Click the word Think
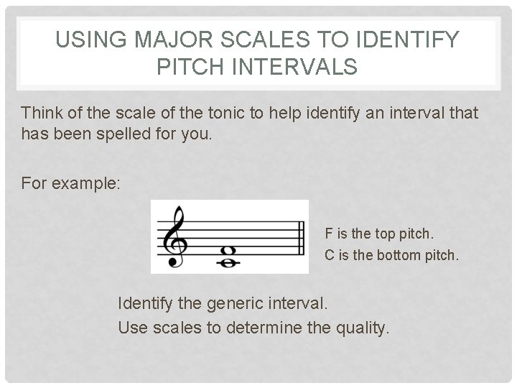pyautogui.click(x=42, y=113)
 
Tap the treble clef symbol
pyautogui.click(x=174, y=236)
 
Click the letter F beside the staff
pyautogui.click(x=329, y=234)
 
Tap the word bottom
pyautogui.click(x=394, y=254)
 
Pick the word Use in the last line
pyautogui.click(x=131, y=328)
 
